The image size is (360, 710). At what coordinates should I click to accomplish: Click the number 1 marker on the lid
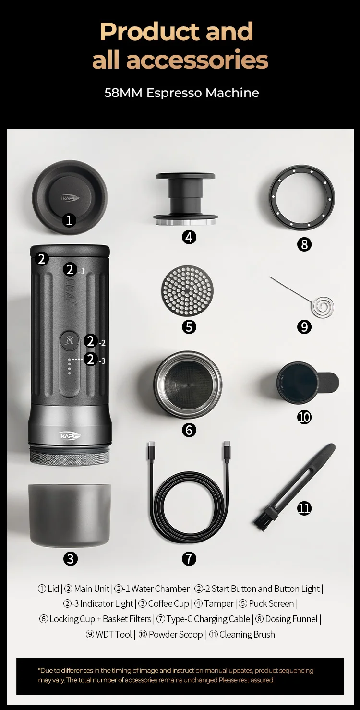pos(69,220)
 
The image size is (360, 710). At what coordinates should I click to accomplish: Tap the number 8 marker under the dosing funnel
pos(304,244)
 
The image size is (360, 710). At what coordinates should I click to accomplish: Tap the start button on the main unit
pos(70,341)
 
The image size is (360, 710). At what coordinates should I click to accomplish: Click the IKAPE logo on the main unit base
pos(70,436)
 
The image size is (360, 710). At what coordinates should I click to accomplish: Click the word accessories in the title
pos(197,60)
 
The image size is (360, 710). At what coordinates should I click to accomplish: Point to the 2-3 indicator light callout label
pos(95,360)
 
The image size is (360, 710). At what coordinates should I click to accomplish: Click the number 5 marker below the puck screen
pos(189,327)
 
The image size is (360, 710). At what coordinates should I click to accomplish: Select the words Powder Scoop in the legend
pos(176,634)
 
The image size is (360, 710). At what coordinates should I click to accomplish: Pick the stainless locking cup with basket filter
pos(188,385)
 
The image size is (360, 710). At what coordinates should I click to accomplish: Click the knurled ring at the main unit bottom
pos(70,458)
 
